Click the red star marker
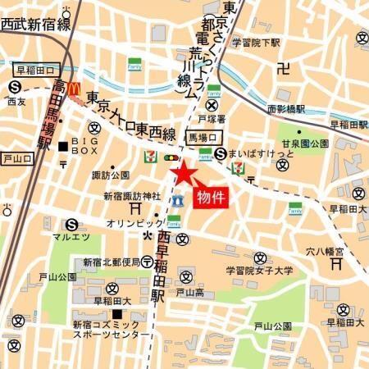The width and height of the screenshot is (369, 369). click(182, 173)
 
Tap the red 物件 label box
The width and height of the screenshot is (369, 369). click(209, 198)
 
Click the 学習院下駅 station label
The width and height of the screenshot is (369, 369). click(257, 40)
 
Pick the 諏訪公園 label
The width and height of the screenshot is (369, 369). click(111, 175)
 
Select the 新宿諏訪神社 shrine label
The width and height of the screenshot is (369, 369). click(131, 196)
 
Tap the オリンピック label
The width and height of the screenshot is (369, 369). click(134, 222)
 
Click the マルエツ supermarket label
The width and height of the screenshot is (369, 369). click(71, 238)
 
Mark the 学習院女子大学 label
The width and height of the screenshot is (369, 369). click(259, 270)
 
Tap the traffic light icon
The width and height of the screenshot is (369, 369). click(171, 157)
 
